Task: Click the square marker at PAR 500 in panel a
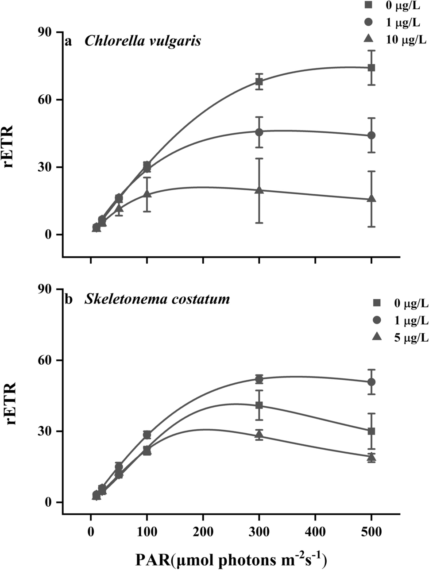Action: coord(371,68)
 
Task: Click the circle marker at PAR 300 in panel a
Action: coord(259,132)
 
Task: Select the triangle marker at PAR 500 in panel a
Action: coord(371,199)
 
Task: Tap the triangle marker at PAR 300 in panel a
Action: coord(259,190)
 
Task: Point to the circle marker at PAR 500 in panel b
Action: coord(371,382)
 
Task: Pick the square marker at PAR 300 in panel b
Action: coord(259,405)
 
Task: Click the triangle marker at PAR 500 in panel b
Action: coord(371,456)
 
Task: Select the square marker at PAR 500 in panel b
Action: coord(371,431)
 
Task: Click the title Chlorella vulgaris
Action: coord(143,42)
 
